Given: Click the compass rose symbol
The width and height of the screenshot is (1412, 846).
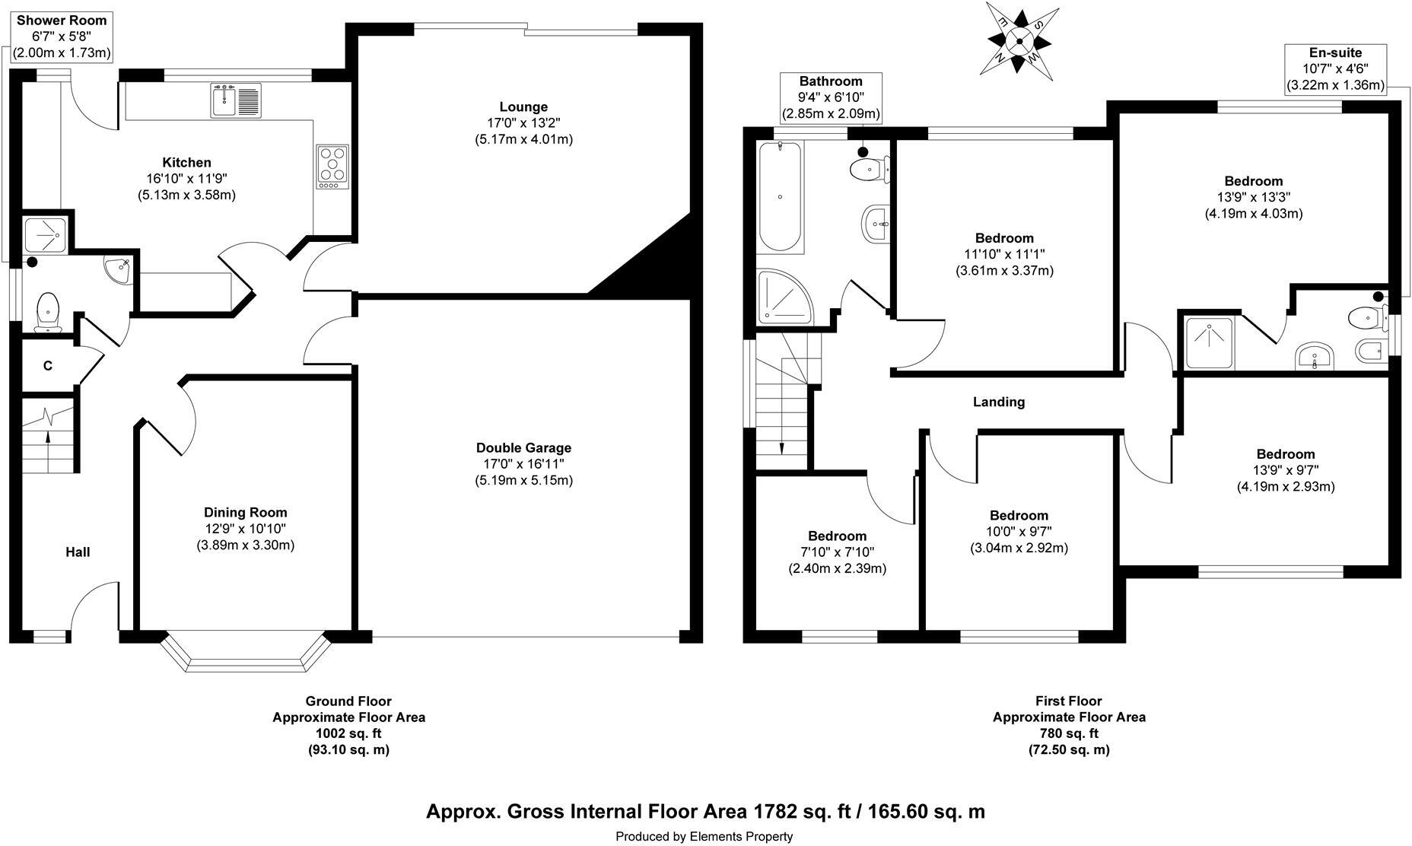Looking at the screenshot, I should point(1019,40).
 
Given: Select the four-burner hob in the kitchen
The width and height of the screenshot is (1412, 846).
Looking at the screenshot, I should point(332,166).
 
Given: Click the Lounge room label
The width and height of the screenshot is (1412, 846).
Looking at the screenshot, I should point(523,107).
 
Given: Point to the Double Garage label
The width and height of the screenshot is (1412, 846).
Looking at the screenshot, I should point(523,448).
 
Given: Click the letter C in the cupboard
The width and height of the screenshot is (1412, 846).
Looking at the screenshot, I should point(48,366).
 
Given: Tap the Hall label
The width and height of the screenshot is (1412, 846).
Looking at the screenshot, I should point(78,552).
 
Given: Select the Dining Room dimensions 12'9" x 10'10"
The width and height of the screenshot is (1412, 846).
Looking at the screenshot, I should point(245,529).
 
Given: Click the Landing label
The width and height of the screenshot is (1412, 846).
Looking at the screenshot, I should point(998,402).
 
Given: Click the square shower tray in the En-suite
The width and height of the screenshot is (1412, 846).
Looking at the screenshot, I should point(1207,341).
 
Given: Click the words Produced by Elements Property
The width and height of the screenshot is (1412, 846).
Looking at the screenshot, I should point(704,837).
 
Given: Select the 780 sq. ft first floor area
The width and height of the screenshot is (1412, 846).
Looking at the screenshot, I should point(1068,733).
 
